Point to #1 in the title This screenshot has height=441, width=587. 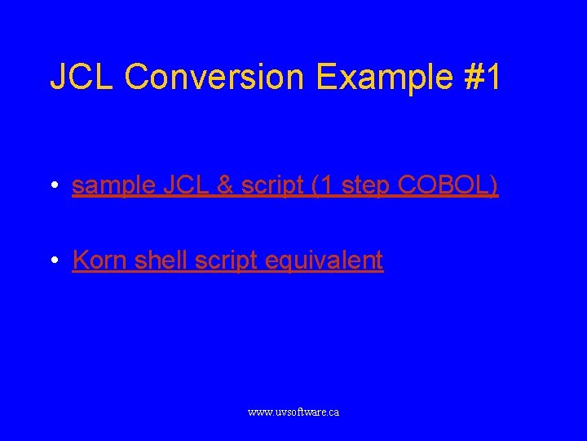pos(482,77)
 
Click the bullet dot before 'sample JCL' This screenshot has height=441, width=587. pos(53,187)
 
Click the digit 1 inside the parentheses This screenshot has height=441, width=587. pos(326,186)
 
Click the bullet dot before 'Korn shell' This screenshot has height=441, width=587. pos(53,261)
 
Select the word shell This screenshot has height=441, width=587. pos(160,261)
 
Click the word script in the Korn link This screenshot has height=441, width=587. pos(225,261)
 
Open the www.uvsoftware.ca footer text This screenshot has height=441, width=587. pos(293,412)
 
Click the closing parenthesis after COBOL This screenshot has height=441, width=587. pos(494,186)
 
